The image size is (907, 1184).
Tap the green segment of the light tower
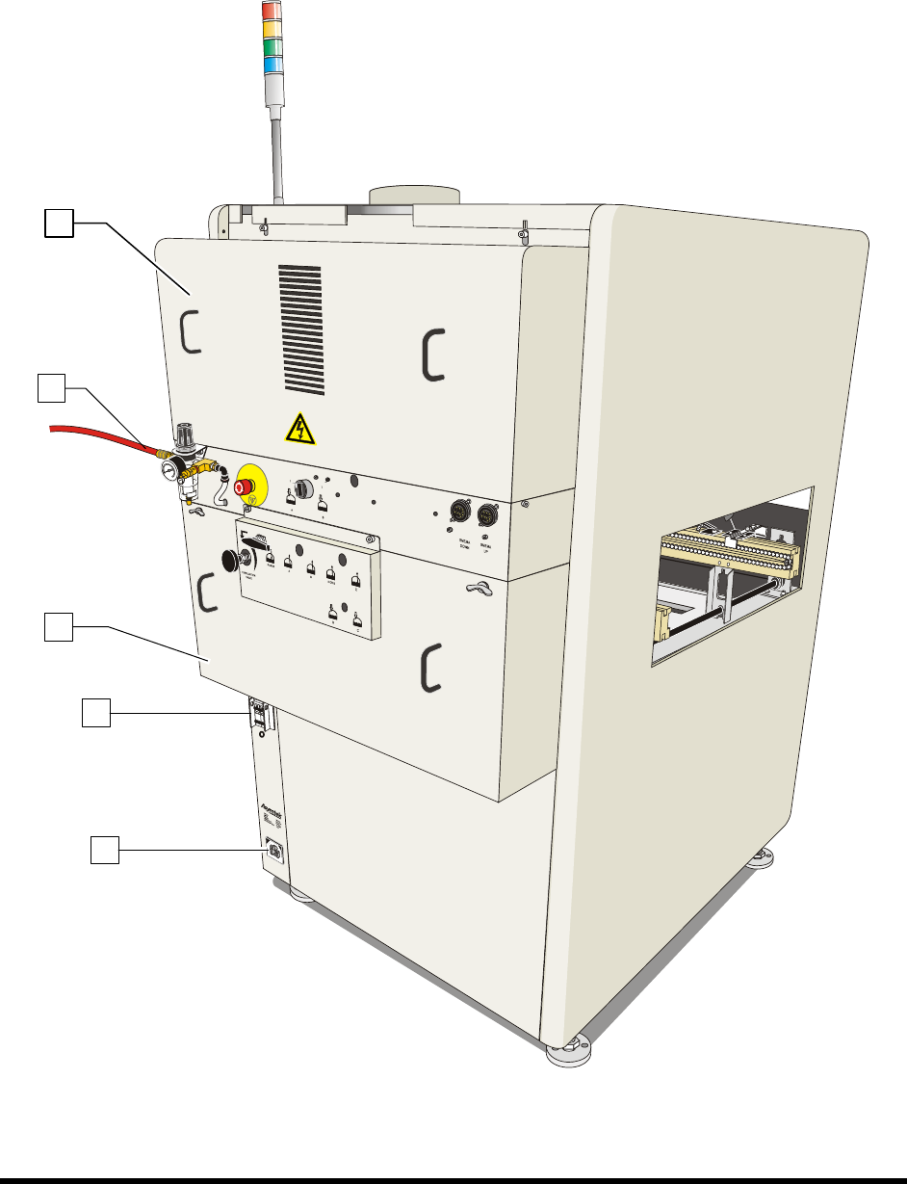pyautogui.click(x=274, y=46)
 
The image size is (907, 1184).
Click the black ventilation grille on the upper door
pyautogui.click(x=299, y=328)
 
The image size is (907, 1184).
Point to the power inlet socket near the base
pyautogui.click(x=272, y=849)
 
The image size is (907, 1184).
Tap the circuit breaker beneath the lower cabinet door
pyautogui.click(x=257, y=715)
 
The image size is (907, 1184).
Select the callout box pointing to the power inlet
pyautogui.click(x=104, y=850)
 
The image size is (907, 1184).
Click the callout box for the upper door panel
pyautogui.click(x=58, y=224)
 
